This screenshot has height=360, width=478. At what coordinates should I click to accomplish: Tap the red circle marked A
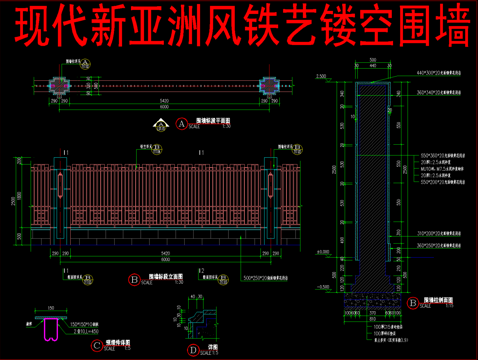click(x=181, y=125)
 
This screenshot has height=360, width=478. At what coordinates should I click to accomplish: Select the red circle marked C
click(x=99, y=346)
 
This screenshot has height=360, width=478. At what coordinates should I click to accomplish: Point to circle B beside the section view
click(x=412, y=302)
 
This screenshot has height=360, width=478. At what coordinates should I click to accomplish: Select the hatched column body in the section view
click(x=370, y=170)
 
